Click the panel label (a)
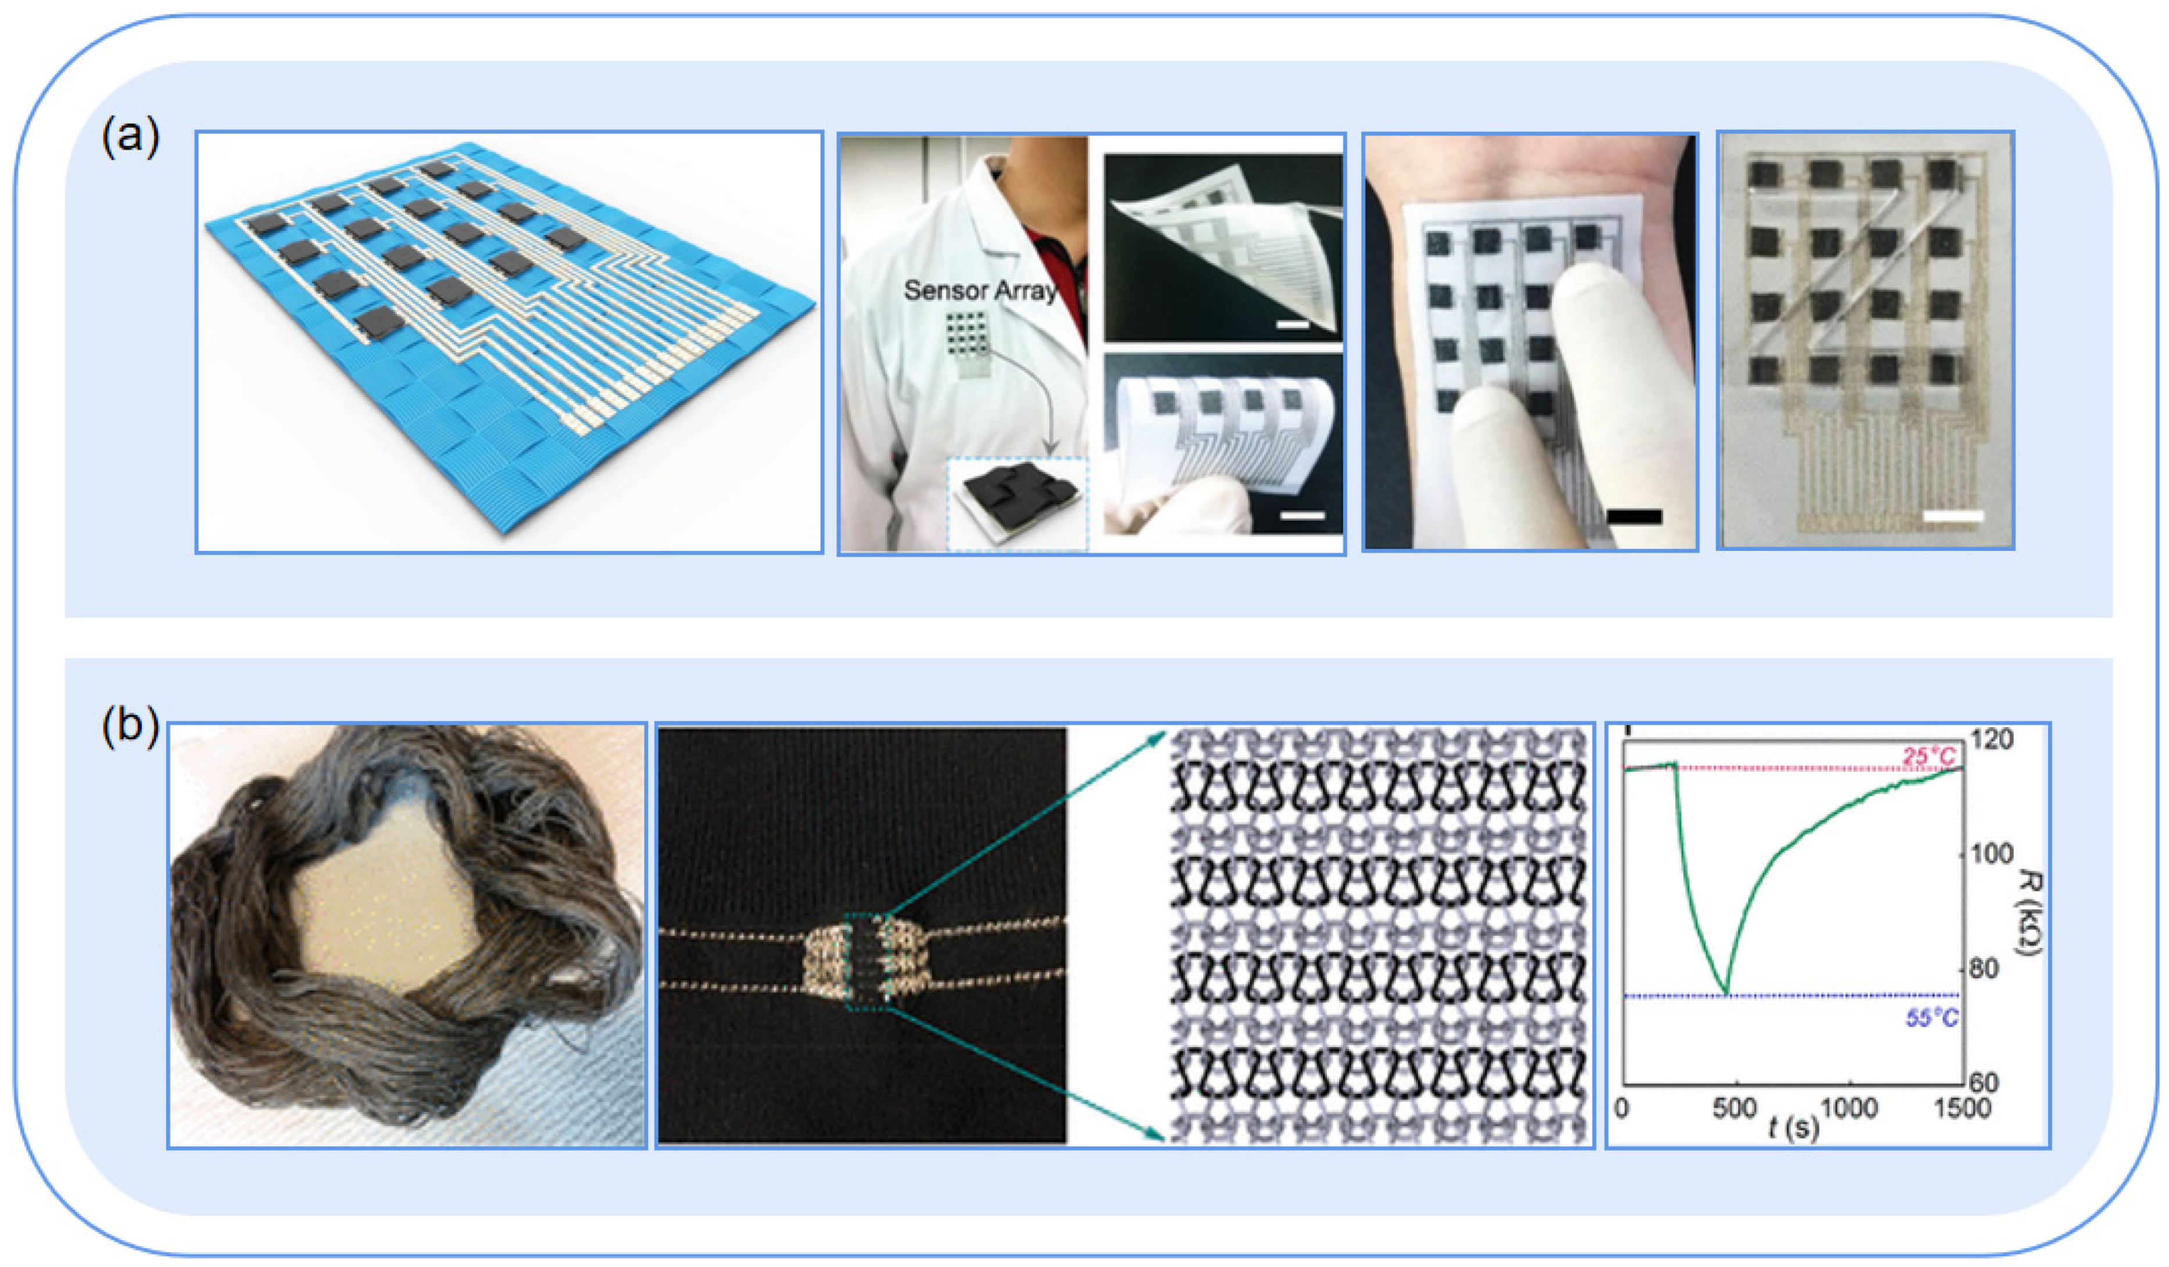click(130, 136)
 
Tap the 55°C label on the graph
click(1931, 1018)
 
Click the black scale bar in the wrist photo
click(1634, 517)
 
